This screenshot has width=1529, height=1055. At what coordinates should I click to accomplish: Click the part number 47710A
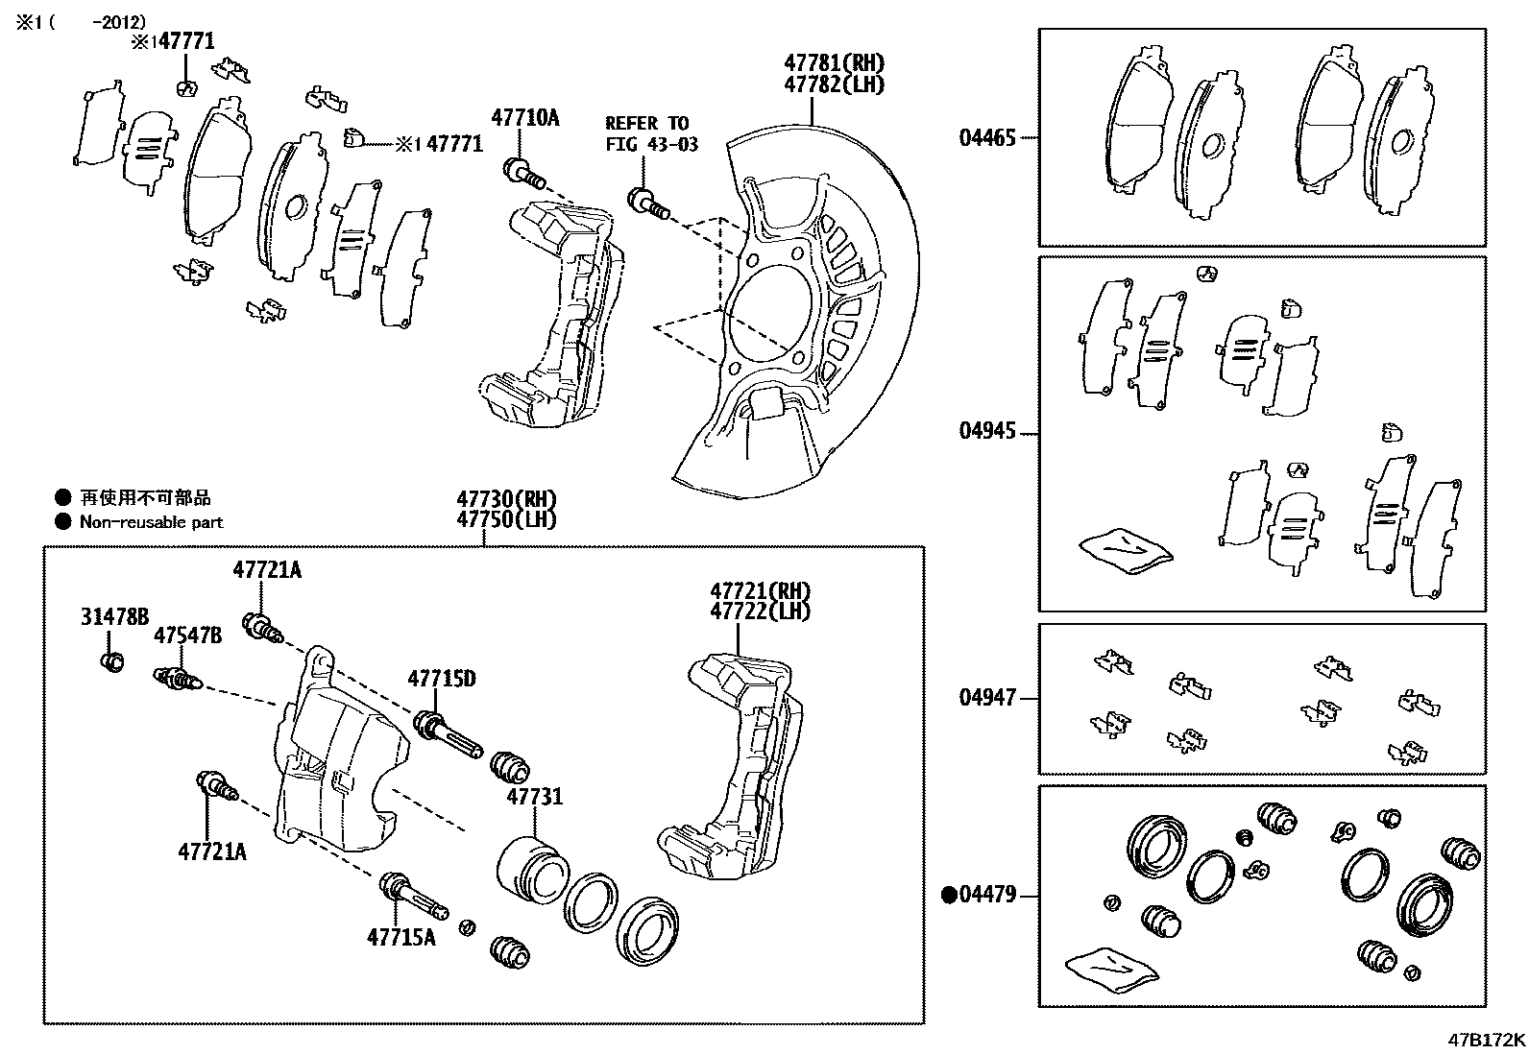point(524,118)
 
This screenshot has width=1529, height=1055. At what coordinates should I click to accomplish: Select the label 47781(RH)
point(833,63)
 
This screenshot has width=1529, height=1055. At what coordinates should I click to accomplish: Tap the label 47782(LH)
point(833,84)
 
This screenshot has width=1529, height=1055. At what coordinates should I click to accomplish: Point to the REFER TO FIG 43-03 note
point(651,133)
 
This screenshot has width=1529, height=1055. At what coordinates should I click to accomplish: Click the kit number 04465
point(986,137)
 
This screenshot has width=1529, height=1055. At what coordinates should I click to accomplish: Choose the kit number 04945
point(986,431)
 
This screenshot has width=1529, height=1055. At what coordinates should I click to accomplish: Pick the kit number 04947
point(986,698)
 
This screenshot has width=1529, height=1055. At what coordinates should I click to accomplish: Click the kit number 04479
point(986,896)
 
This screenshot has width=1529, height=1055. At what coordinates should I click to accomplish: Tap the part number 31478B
point(114,617)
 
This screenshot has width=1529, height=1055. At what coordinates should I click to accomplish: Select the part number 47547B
point(188,635)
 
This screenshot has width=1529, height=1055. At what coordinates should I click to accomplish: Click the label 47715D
point(441,679)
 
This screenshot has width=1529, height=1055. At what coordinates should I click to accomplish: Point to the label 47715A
point(400,936)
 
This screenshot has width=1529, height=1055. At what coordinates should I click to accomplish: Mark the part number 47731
point(535,797)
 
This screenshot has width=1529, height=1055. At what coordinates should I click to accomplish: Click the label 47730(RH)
point(506,499)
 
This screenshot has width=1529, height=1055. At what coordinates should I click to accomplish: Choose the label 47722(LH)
point(760,611)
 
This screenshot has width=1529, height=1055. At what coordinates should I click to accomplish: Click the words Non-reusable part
point(151,522)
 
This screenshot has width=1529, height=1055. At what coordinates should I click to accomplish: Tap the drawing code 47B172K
point(1487,1040)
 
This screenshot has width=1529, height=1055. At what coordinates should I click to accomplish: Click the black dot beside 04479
point(949,896)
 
